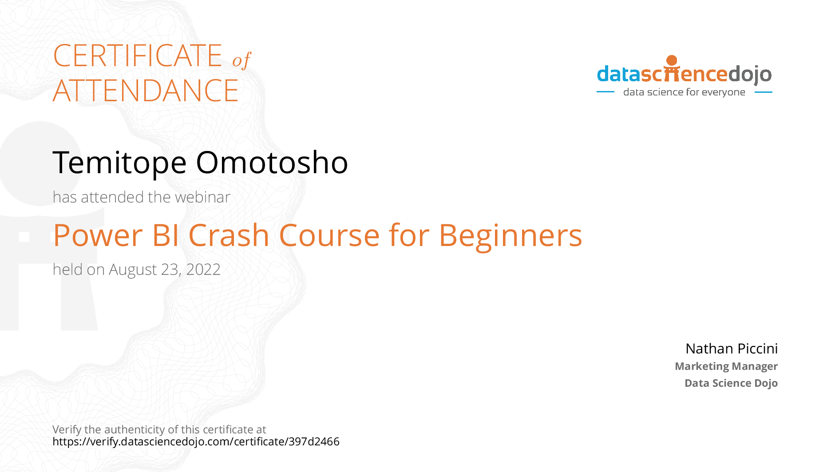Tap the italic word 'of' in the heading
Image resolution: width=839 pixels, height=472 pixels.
[242, 60]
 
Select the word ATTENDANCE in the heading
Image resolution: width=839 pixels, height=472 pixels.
[146, 91]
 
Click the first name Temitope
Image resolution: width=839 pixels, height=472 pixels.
[119, 163]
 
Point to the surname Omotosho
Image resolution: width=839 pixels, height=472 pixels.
[272, 163]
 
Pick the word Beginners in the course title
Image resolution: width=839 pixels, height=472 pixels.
[511, 236]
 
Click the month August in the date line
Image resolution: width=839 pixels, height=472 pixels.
[133, 270]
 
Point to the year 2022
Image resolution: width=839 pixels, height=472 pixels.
[203, 270]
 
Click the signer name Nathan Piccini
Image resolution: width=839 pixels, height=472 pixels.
[732, 349]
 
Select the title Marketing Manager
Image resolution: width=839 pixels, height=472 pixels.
[726, 366]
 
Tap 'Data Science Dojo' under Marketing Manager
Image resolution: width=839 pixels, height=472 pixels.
[731, 383]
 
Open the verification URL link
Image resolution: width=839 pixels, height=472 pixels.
[196, 442]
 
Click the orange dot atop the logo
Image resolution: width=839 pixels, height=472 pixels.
[672, 60]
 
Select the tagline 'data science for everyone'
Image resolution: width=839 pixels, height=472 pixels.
[684, 92]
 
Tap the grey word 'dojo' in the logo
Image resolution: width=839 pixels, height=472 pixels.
[750, 75]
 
